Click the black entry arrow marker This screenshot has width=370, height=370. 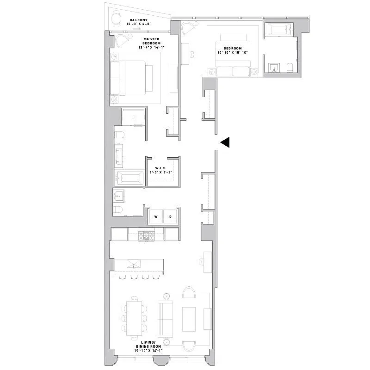pyautogui.click(x=225, y=143)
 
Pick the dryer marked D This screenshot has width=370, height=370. pyautogui.click(x=170, y=217)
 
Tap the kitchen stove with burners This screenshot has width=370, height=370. pyautogui.click(x=146, y=235)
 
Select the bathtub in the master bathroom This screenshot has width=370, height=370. pyautogui.click(x=130, y=178)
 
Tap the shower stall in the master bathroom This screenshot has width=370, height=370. pyautogui.click(x=134, y=117)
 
